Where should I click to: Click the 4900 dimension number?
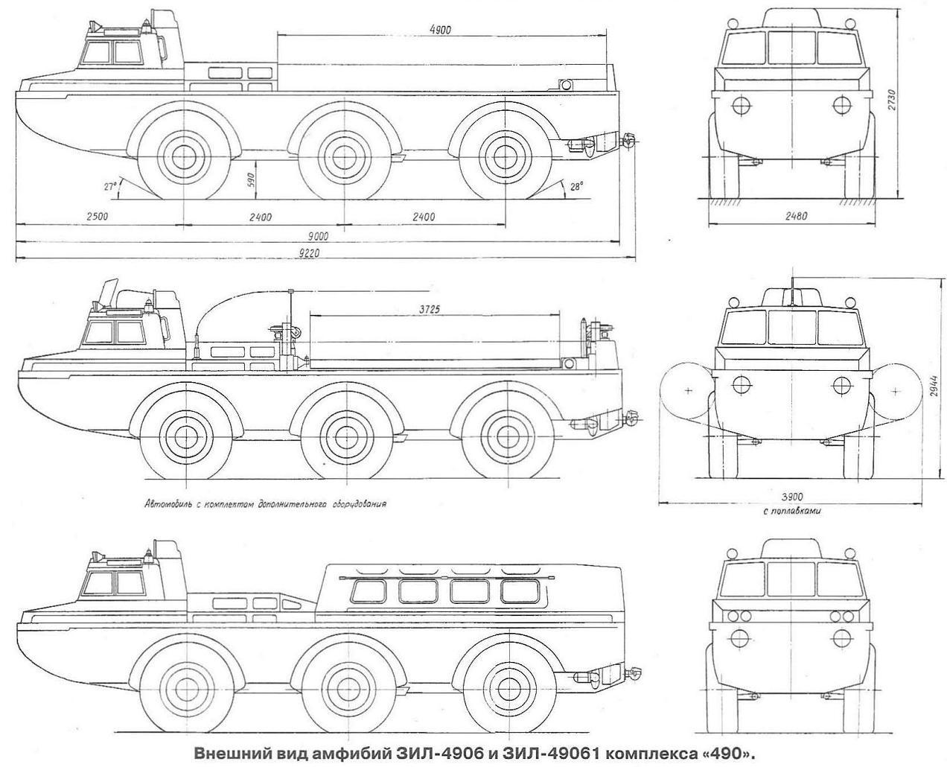(440, 29)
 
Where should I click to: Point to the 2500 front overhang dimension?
(97, 217)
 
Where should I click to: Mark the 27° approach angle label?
(110, 186)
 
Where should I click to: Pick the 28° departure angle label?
(575, 187)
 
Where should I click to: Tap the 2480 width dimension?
(796, 216)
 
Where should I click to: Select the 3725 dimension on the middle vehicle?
(429, 308)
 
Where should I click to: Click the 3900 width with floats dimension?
(792, 496)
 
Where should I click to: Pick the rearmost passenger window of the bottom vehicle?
(517, 591)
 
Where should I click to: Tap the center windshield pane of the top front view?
(791, 47)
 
